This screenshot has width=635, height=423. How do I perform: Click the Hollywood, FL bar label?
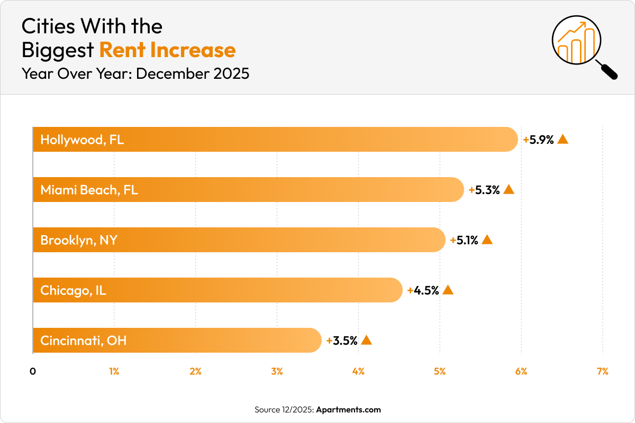[x=82, y=140]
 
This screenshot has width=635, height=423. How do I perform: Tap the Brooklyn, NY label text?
[x=79, y=241]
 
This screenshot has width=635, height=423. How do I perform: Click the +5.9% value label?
[x=538, y=140]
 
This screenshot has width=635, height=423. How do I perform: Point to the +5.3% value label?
[x=484, y=190]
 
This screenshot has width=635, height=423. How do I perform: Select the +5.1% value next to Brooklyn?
[x=464, y=241]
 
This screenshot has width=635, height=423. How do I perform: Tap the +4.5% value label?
[x=423, y=290]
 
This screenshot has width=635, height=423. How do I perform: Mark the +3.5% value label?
[x=342, y=341]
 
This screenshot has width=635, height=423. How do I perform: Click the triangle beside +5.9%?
[x=563, y=139]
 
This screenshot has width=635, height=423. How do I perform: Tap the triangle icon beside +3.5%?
[x=366, y=340]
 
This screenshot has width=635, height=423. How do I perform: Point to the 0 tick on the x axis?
[x=33, y=372]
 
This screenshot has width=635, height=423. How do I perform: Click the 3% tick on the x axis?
[x=277, y=372]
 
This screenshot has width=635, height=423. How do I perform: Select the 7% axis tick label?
[x=602, y=372]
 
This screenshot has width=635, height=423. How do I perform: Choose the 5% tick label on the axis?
[x=440, y=372]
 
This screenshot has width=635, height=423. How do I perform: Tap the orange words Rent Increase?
[x=167, y=50]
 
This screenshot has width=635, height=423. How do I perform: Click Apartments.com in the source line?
[x=348, y=410]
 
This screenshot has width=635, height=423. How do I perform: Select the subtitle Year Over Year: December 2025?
[x=135, y=73]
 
